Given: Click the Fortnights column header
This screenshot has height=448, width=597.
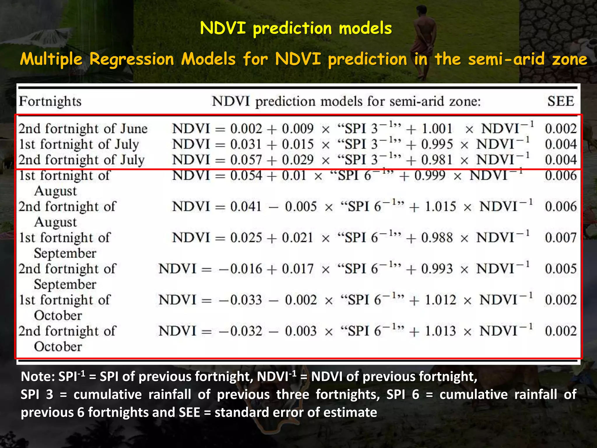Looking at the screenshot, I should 50,101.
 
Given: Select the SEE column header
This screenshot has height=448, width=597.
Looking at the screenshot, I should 561,101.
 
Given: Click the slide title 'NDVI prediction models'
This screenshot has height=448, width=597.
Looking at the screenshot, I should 296,28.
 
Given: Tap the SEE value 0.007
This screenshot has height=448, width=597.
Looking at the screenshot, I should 561,238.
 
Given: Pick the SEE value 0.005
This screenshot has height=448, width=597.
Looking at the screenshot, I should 561,269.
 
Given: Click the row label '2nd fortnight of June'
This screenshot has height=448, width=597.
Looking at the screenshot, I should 83,129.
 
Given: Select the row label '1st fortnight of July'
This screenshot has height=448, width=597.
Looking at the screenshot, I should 79,144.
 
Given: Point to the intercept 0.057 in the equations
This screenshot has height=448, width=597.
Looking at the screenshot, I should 246,160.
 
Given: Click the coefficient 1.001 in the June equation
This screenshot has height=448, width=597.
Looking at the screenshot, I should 437,129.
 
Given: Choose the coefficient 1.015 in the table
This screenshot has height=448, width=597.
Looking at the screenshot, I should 440,206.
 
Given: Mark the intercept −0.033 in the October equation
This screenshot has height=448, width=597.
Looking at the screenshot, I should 240,300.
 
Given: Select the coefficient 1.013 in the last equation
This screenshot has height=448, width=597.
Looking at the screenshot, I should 440,331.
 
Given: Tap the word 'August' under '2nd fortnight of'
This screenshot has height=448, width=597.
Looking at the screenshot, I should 55,222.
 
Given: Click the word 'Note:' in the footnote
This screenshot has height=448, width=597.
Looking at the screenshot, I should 38,377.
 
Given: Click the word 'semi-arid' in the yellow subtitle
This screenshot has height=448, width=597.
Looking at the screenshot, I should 506,59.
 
